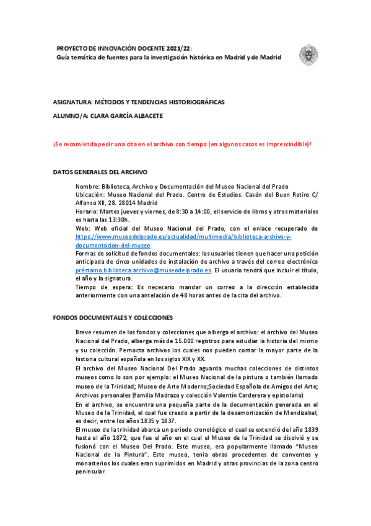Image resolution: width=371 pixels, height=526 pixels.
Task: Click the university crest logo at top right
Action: [x=308, y=55]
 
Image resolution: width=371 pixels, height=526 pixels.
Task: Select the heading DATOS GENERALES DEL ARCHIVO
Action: [x=100, y=171]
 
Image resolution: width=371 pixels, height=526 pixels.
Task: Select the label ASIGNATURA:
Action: [x=72, y=101]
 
